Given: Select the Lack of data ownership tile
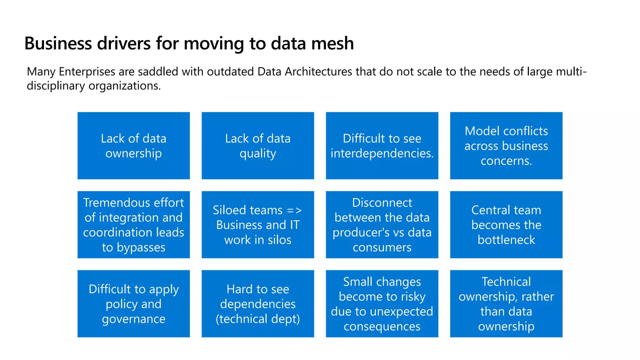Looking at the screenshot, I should (x=133, y=146).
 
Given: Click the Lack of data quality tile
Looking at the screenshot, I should (x=257, y=146).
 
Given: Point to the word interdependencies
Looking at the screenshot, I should (x=382, y=153).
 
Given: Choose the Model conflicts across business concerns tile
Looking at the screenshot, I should (x=506, y=146).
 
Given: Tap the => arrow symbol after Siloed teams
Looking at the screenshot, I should (x=294, y=210).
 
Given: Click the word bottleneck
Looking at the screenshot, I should (x=506, y=240).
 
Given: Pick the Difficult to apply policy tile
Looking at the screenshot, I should (x=133, y=303).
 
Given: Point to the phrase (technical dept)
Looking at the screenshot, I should (x=257, y=319).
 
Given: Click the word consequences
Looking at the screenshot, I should (x=382, y=327).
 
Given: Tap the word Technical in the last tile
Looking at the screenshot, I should (x=506, y=282).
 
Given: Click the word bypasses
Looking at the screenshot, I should (x=141, y=248).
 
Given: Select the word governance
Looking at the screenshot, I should (x=133, y=319).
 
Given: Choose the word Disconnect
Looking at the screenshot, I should (x=382, y=203).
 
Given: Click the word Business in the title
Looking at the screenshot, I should (x=58, y=43).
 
